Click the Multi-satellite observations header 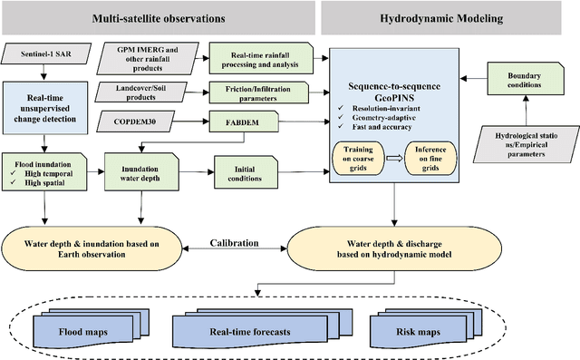click(x=159, y=17)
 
